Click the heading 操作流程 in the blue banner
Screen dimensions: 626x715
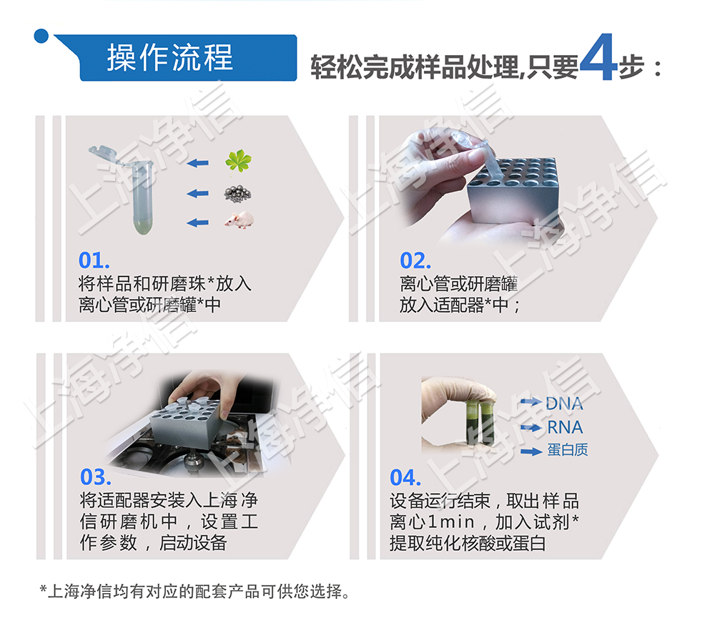pyautogui.click(x=170, y=58)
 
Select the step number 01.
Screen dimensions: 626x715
pyautogui.click(x=94, y=260)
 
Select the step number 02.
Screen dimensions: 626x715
pyautogui.click(x=415, y=260)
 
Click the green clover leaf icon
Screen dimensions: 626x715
pyautogui.click(x=238, y=162)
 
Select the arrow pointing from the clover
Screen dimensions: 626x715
pyautogui.click(x=197, y=163)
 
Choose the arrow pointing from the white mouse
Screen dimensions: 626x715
pyautogui.click(x=197, y=222)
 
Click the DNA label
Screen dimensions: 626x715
pyautogui.click(x=564, y=404)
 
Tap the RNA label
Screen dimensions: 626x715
pyautogui.click(x=565, y=428)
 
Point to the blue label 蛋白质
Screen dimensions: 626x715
pyautogui.click(x=568, y=451)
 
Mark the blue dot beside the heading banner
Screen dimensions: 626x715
pyautogui.click(x=42, y=35)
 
